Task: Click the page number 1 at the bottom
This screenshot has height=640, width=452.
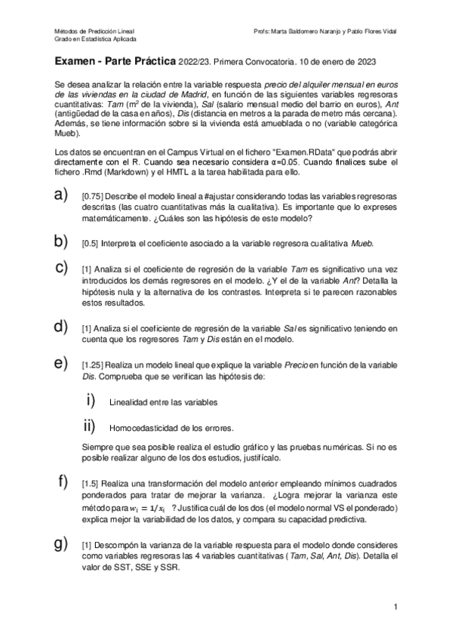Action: pos(395,606)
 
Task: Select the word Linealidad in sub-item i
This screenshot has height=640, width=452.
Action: pos(128,402)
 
